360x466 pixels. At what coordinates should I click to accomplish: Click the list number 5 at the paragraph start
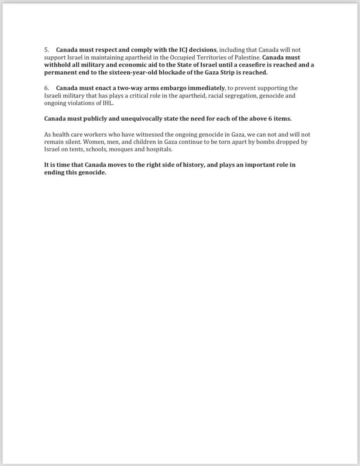[46, 50]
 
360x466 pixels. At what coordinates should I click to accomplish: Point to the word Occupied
[178, 57]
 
